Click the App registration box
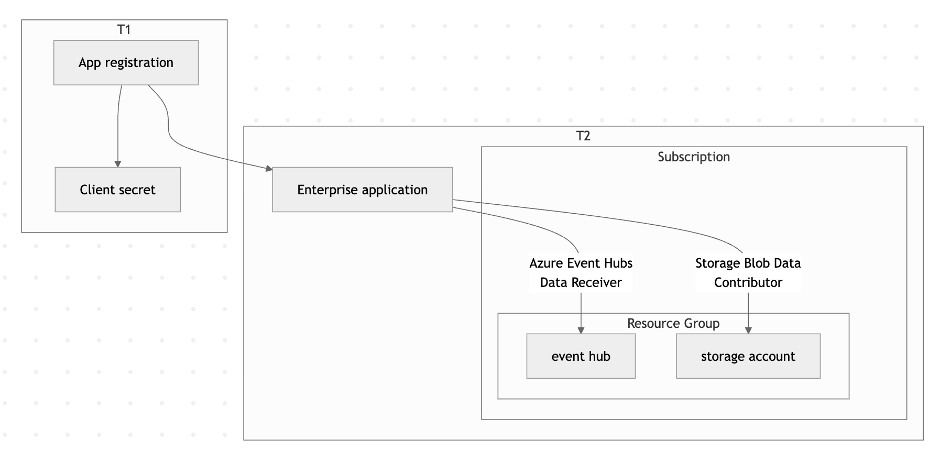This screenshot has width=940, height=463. point(126,63)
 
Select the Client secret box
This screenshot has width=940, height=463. point(117,190)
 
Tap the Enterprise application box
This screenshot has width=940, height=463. point(362,190)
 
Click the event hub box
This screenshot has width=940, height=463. point(581,356)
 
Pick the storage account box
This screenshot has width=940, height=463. point(748,356)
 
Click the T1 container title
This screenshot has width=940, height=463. point(124,30)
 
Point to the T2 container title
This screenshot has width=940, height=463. point(583,136)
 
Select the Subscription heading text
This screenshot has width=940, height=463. point(693,157)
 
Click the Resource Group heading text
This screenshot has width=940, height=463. point(673,323)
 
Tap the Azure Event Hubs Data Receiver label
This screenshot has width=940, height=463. point(581,272)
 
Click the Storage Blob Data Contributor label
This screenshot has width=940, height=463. point(748,272)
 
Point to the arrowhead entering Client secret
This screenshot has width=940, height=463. point(118,164)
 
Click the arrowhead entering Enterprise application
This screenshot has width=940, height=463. point(269,169)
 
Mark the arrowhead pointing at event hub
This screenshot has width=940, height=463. point(581,330)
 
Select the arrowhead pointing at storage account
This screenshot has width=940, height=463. point(748,330)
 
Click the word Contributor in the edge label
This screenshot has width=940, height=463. point(748,282)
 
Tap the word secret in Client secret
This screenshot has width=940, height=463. point(138,190)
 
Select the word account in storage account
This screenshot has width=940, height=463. point(772,356)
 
